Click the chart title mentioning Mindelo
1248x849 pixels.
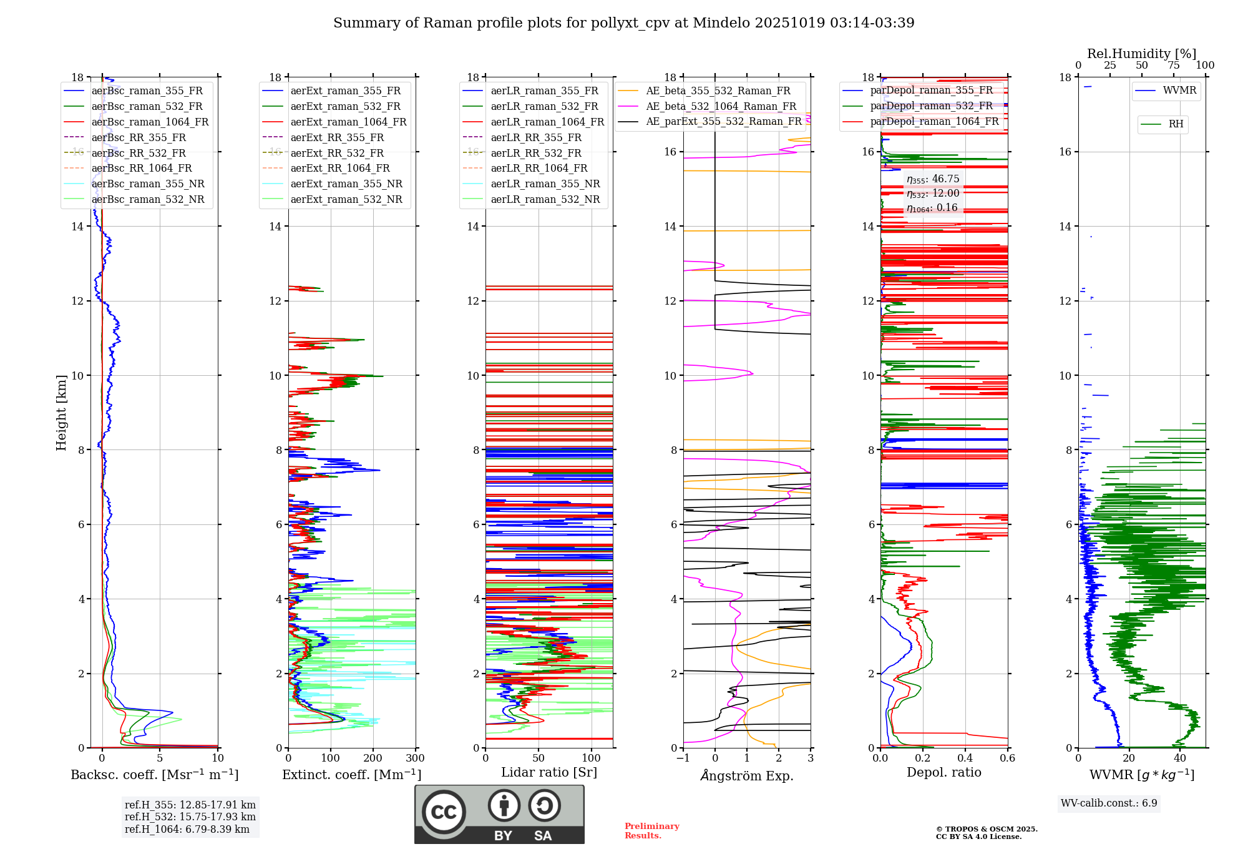point(623,23)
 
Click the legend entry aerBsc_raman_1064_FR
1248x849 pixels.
point(150,122)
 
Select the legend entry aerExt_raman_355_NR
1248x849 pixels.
point(346,184)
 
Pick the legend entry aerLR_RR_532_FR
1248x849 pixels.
point(535,153)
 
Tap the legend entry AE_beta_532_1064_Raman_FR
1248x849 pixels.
point(721,106)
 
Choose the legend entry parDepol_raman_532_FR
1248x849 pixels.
point(931,106)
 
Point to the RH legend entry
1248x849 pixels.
point(1176,124)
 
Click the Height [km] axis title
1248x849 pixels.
point(61,413)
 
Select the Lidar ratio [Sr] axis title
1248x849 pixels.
point(549,772)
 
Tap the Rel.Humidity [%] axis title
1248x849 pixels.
point(1141,54)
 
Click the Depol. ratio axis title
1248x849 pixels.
point(943,772)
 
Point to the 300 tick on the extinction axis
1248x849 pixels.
point(415,758)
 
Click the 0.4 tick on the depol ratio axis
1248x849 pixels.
point(965,758)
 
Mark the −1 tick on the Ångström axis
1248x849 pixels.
point(683,758)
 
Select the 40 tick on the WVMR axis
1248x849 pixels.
point(1180,758)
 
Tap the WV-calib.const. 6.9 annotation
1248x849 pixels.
point(1109,803)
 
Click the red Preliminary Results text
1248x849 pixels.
point(651,831)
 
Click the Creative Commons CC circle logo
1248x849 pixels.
point(444,812)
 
